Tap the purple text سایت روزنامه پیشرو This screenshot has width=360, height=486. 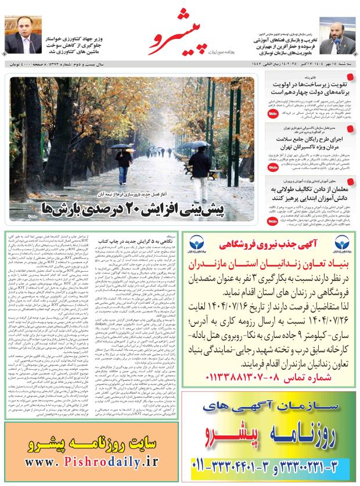click(92, 442)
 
